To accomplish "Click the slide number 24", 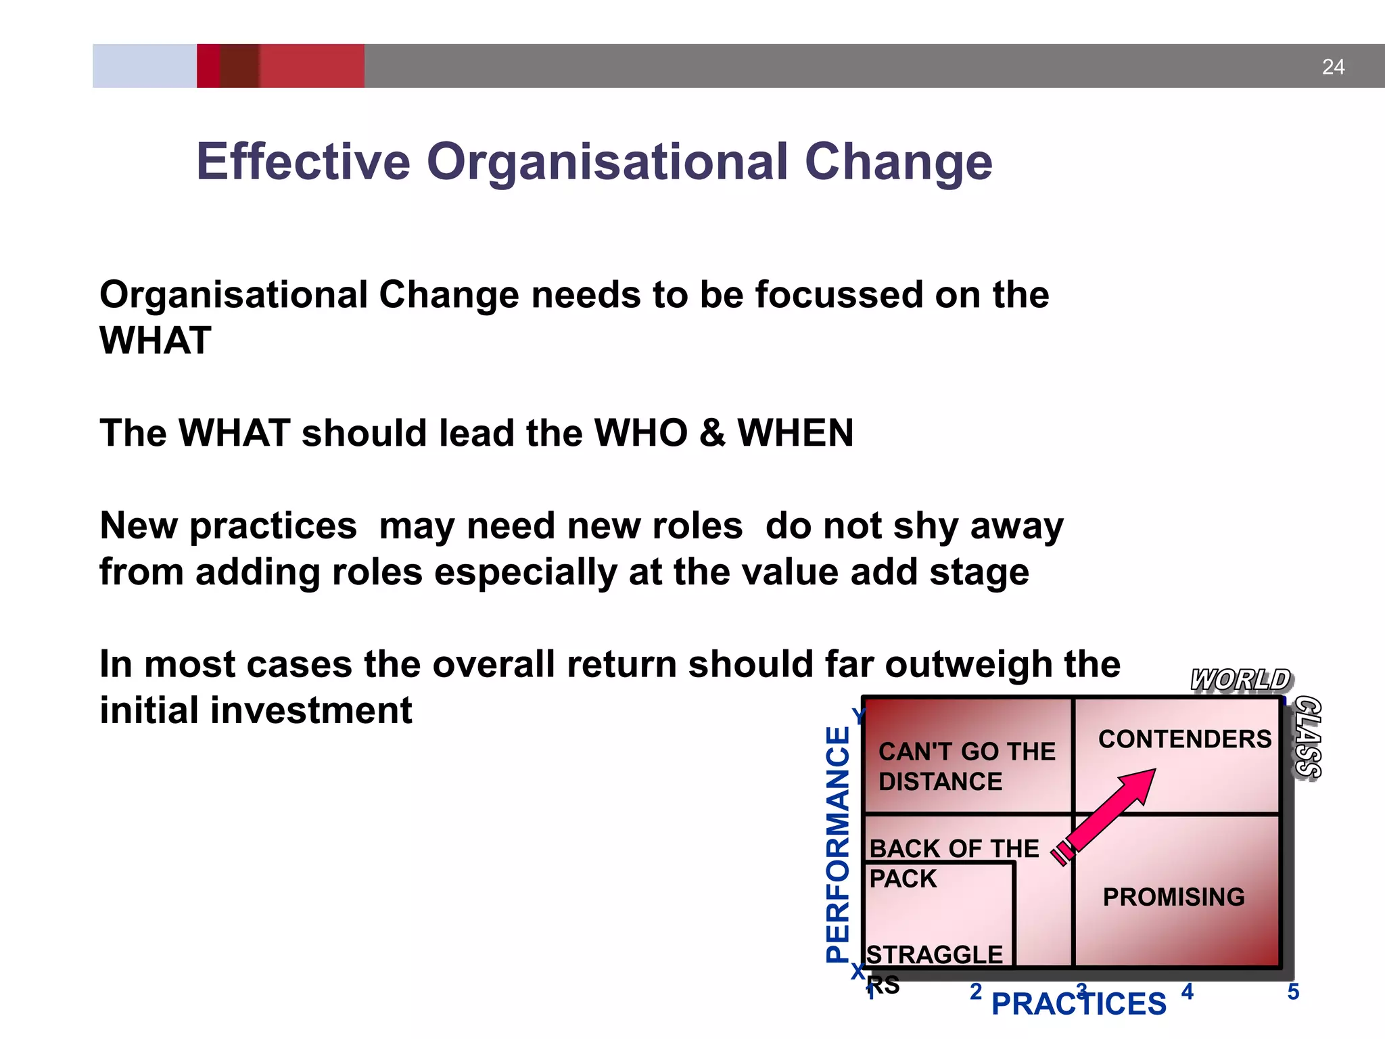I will (x=1333, y=67).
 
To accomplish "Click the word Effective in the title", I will (x=303, y=162).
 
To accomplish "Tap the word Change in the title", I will (x=898, y=163).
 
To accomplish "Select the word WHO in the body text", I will (x=640, y=433).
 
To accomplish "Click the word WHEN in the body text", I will (x=795, y=433).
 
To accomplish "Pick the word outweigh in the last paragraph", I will (x=968, y=665).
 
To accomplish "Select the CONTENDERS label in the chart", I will (x=1185, y=739).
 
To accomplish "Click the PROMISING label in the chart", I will (x=1173, y=897).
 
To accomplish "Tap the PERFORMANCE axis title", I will (x=839, y=844).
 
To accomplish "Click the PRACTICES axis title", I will (x=1079, y=1004).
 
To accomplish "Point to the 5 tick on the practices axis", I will (x=1293, y=992).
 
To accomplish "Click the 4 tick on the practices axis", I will (x=1188, y=992).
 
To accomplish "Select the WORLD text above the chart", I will (x=1240, y=680).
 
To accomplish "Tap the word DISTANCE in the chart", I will (x=940, y=782).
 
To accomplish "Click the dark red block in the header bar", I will (x=239, y=66).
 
